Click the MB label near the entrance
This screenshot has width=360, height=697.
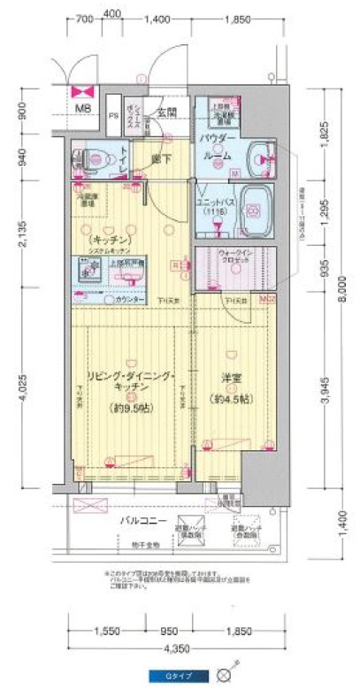pyautogui.click(x=81, y=109)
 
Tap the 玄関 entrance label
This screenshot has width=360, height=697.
pyautogui.click(x=166, y=112)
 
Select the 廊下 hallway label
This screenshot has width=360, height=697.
pyautogui.click(x=160, y=159)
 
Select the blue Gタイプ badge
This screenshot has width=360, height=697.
pyautogui.click(x=180, y=676)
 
